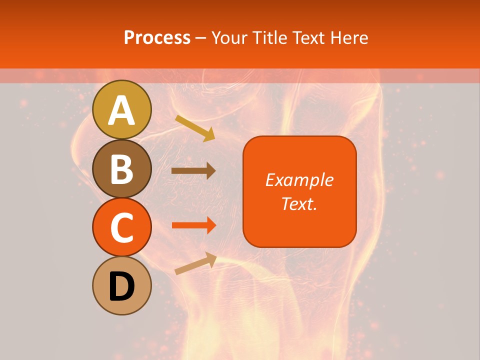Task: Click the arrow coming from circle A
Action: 194,128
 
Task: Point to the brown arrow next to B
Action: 193,170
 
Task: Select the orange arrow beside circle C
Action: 193,225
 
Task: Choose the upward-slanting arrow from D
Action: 195,263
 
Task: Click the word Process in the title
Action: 157,38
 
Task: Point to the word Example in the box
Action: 299,180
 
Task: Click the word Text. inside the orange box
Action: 299,203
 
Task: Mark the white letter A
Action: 122,110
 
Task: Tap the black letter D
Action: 122,286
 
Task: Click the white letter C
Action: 122,228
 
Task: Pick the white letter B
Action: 122,169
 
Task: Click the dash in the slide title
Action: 201,38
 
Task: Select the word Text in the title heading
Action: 306,38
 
